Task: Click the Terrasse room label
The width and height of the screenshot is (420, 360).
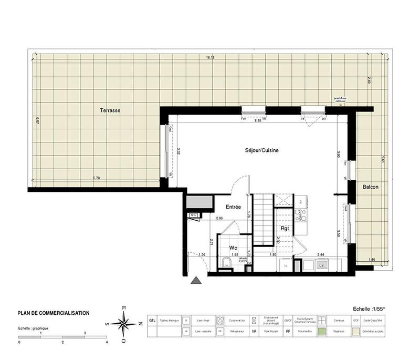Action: point(111,111)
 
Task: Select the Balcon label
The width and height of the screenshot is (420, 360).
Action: point(371,187)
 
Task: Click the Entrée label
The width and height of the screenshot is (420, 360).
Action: point(234,207)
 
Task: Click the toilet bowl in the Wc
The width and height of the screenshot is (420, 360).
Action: point(225,263)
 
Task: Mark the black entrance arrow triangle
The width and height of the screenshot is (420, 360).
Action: point(196,281)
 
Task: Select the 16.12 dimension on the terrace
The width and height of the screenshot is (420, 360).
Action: point(210,58)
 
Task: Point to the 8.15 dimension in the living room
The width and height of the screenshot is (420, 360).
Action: point(258,120)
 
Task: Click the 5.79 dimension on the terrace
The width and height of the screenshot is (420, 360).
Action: point(97,178)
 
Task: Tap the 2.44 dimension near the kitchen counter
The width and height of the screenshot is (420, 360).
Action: point(321,254)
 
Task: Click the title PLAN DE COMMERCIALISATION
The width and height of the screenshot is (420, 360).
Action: point(54,313)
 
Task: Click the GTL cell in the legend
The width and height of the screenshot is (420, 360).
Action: point(152,320)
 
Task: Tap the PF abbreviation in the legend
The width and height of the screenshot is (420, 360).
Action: point(287,332)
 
